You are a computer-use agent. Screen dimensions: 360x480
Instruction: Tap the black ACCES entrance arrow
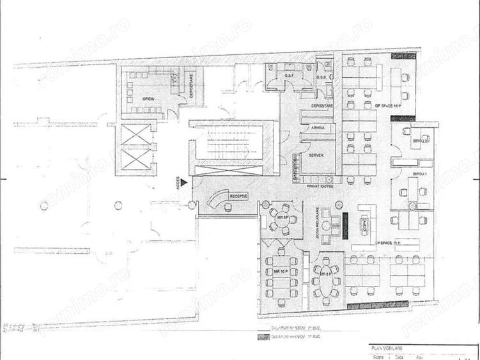pos(183,182)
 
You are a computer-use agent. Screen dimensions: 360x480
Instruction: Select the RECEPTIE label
pos(240,195)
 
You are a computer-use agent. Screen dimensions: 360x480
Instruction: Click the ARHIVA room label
pos(318,128)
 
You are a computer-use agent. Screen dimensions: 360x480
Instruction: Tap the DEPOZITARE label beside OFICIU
pos(190,85)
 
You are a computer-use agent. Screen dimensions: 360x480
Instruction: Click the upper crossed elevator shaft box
pos(135,135)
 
